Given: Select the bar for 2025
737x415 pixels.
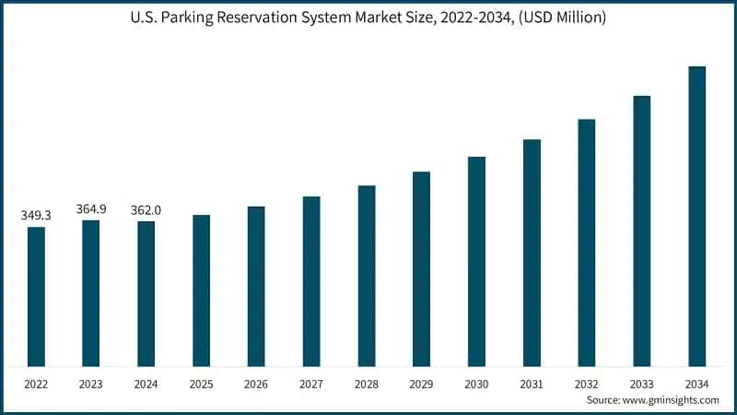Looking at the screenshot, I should tap(201, 290).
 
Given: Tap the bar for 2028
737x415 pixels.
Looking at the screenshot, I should tap(367, 276).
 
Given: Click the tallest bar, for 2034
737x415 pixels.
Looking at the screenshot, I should tap(696, 217).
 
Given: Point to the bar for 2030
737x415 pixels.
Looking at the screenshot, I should tap(476, 262).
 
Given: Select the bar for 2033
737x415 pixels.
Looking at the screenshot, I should tap(641, 231).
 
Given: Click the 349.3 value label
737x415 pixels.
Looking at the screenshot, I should tap(36, 216).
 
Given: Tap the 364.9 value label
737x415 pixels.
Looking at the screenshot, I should tap(91, 209).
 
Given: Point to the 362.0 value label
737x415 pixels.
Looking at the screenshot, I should tap(146, 210).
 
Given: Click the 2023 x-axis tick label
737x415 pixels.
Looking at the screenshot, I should tap(91, 383).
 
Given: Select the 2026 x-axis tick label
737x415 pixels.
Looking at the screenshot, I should tap(256, 383).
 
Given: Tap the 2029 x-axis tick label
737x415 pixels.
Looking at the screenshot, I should tap(421, 383).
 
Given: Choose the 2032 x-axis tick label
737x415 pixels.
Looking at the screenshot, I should tap(586, 383).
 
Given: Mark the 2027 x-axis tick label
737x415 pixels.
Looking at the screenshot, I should tap(311, 383).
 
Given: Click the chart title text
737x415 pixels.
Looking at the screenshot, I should tap(368, 16).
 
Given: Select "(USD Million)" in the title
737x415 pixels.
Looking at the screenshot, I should tap(561, 16).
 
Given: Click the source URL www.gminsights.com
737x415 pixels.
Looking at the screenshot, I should tap(669, 400).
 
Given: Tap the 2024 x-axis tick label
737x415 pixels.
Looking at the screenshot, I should tap(146, 383).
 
